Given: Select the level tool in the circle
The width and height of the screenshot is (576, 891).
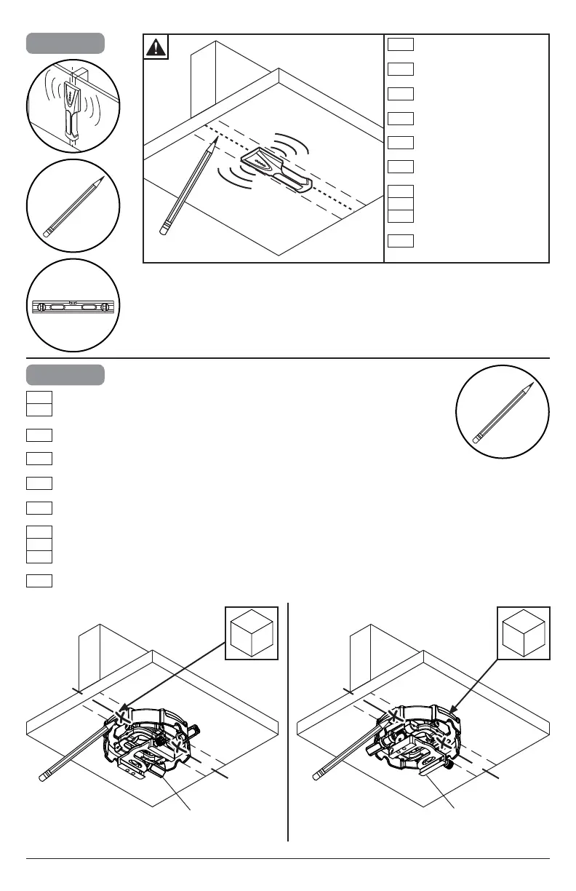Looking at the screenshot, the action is point(73,306).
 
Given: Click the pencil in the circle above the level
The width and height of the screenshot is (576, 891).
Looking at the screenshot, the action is point(73,206).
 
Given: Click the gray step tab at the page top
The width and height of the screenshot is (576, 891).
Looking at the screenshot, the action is point(65,43).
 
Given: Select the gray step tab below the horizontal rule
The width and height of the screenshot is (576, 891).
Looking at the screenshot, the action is point(65,375).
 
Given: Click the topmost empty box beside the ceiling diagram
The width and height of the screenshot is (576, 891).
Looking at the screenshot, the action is point(401,44).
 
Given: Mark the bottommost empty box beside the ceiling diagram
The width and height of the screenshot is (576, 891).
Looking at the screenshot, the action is point(401,241).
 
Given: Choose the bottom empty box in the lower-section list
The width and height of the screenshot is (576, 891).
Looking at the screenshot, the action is point(39,580).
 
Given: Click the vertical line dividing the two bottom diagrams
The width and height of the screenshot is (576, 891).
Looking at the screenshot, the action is point(289,721).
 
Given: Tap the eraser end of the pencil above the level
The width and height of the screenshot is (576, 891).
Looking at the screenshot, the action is point(47,233).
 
